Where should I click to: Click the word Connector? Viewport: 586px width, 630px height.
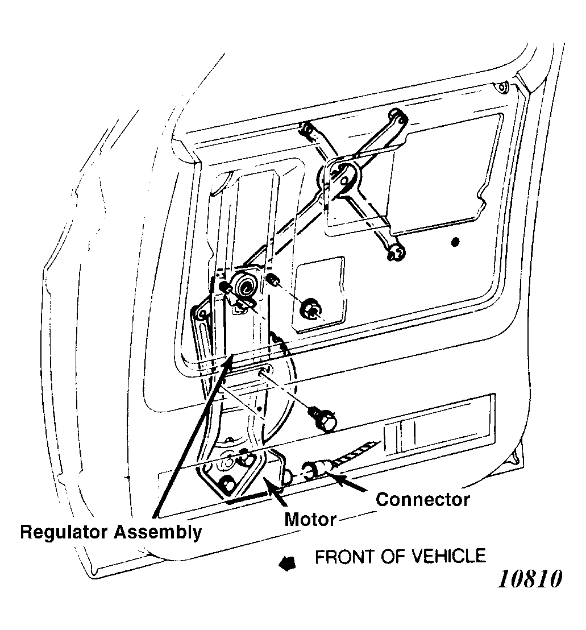[423, 500]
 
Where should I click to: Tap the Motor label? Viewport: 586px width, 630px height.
[310, 519]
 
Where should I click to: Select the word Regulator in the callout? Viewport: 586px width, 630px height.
[65, 532]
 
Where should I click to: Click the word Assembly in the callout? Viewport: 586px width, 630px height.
[157, 533]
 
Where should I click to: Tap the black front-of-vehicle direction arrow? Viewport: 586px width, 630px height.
[287, 562]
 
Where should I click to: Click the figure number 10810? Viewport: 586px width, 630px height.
[530, 579]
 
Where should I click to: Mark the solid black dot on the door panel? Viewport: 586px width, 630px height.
[454, 243]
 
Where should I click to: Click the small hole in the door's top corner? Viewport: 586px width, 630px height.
[501, 88]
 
